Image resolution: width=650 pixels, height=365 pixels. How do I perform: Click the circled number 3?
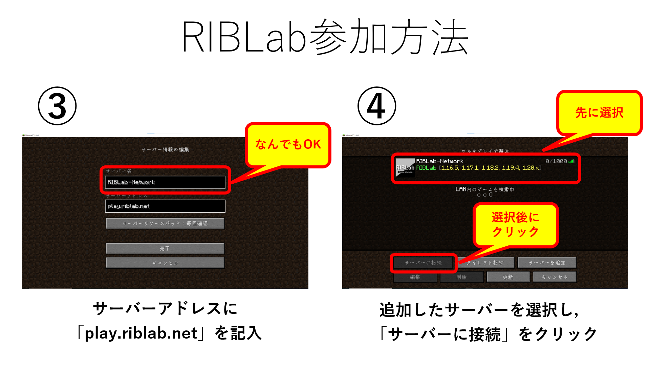[57, 106]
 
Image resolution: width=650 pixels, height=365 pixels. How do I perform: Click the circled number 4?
[376, 106]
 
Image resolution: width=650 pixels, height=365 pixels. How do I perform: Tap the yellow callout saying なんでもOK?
[288, 145]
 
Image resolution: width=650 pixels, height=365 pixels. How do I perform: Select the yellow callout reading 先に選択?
[599, 113]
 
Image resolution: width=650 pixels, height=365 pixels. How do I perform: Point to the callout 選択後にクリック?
[515, 224]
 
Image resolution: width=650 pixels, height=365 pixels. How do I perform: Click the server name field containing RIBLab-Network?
[165, 182]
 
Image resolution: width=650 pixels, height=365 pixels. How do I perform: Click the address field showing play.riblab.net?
[165, 206]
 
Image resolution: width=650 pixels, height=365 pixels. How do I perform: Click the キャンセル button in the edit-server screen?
[165, 263]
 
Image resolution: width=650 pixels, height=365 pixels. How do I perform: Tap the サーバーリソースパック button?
[165, 224]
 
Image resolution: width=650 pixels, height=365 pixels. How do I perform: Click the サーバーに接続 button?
[423, 263]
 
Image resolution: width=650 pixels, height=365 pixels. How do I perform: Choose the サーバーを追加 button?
[547, 263]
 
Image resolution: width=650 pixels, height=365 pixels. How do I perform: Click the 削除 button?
[461, 277]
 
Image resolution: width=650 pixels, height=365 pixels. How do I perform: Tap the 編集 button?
[415, 277]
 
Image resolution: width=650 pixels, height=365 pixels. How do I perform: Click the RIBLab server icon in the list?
[405, 167]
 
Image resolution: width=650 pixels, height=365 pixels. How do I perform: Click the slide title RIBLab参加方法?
[325, 37]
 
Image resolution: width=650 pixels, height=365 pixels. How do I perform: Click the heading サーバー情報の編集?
[165, 149]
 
